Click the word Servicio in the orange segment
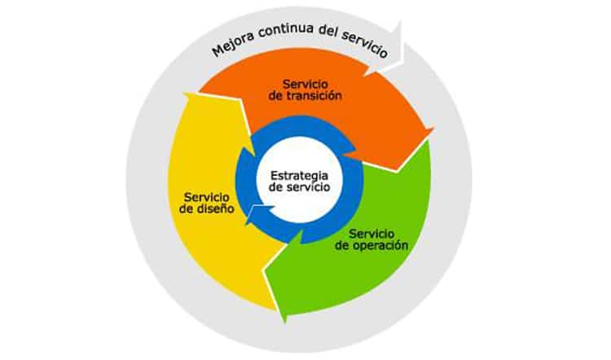(x=305, y=83)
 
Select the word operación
(x=378, y=244)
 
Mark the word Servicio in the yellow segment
(x=205, y=196)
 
